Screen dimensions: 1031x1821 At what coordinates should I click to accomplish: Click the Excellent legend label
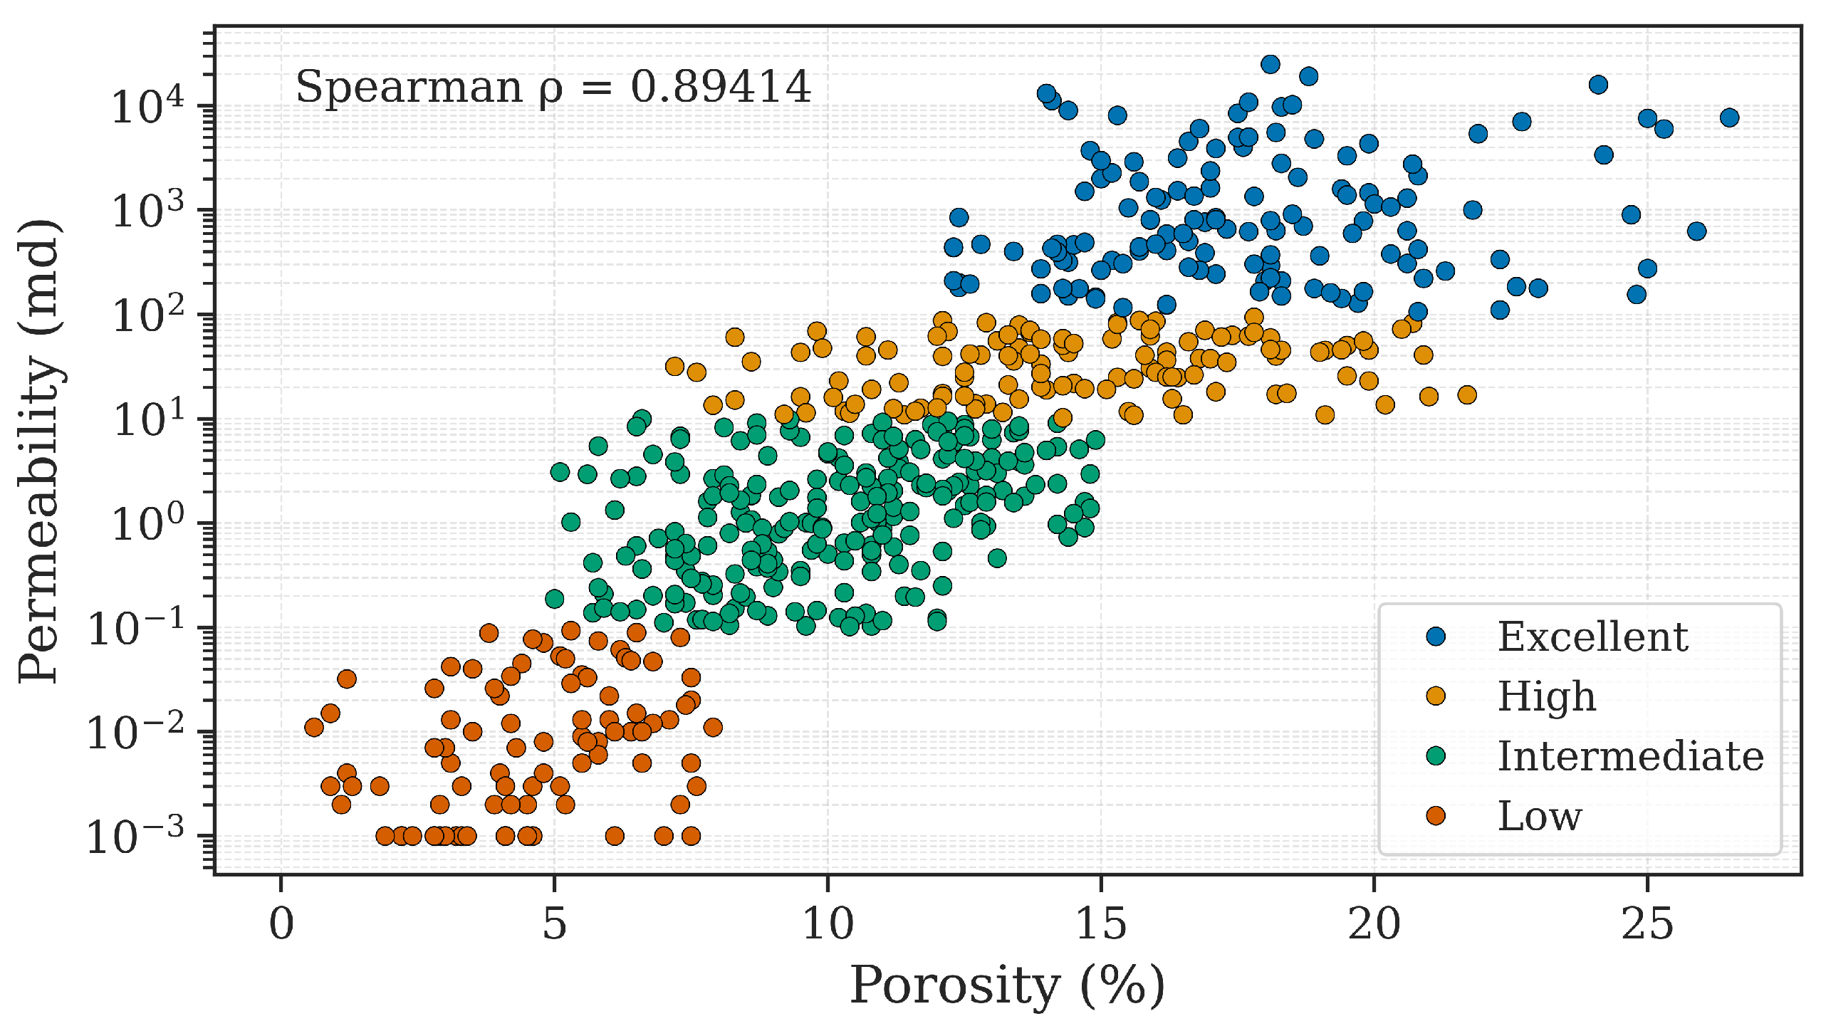tap(1592, 637)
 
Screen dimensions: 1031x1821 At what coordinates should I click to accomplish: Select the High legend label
tap(1546, 696)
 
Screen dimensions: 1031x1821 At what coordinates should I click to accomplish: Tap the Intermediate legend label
tap(1630, 756)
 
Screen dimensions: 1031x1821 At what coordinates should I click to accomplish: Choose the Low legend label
tap(1539, 816)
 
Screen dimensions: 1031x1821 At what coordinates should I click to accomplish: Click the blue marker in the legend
tap(1436, 637)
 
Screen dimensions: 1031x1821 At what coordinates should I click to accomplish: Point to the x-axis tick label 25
tap(1647, 925)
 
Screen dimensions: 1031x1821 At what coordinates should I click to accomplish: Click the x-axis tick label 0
tap(281, 925)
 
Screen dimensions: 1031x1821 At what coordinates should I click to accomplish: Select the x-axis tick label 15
tap(1100, 925)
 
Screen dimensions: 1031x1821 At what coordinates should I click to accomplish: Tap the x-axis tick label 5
tap(554, 925)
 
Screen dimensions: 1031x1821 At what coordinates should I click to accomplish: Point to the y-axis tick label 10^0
tap(147, 525)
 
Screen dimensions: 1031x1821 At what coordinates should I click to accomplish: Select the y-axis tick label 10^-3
tap(135, 837)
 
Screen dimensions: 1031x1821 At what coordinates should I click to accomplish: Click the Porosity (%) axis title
tap(1007, 986)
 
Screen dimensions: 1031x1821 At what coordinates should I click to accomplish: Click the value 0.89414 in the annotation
tap(720, 87)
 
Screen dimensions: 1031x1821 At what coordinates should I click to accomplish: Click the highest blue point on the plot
tap(1270, 65)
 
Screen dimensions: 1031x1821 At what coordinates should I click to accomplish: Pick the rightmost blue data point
tap(1729, 117)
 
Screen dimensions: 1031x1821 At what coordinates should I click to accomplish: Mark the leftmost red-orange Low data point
tap(314, 727)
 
